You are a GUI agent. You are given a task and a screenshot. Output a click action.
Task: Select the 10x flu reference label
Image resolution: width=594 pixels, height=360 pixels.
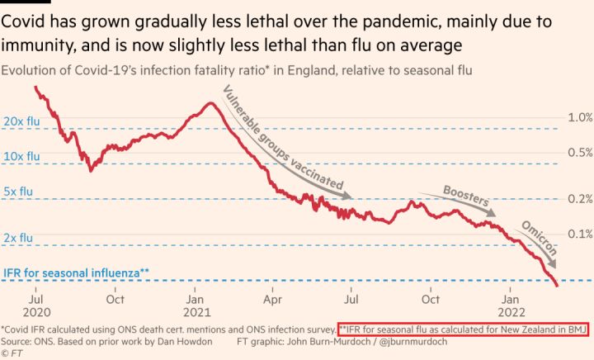click(21, 155)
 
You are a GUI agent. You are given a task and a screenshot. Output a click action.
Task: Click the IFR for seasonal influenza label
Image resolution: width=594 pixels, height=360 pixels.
click(77, 272)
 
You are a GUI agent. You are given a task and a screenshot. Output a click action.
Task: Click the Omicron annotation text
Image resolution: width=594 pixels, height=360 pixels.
click(540, 239)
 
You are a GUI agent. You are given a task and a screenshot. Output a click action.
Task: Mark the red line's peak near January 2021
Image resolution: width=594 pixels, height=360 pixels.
click(210, 103)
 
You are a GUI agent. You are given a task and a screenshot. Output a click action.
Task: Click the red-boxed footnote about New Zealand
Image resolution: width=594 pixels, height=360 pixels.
click(462, 328)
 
